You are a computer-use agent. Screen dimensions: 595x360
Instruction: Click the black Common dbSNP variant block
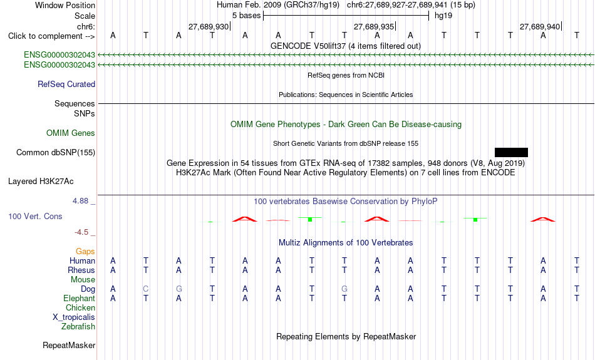click(511, 153)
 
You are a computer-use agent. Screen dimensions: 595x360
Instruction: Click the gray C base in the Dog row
click(146, 289)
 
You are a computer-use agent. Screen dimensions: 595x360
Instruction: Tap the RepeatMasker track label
click(69, 345)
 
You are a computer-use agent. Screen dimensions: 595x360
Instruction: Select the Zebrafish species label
click(78, 327)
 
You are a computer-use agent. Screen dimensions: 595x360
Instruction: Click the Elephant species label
click(80, 299)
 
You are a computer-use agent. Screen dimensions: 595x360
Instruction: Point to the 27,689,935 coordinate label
click(374, 26)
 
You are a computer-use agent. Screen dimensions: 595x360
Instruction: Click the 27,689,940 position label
click(540, 26)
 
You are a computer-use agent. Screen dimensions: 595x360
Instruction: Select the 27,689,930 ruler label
click(209, 26)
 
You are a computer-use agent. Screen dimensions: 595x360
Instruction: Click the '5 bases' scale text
click(247, 16)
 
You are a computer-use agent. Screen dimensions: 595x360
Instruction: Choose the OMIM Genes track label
click(71, 133)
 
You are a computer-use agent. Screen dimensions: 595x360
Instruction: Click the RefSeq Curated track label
click(66, 85)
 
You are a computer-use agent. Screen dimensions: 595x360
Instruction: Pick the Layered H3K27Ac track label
click(41, 182)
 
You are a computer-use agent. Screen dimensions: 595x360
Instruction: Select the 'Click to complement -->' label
click(51, 36)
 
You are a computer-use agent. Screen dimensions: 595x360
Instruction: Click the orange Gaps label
click(85, 252)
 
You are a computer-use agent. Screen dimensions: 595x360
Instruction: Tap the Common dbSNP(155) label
click(56, 153)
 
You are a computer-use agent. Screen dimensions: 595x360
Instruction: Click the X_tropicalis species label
click(74, 317)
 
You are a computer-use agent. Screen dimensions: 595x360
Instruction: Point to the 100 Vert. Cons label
click(35, 216)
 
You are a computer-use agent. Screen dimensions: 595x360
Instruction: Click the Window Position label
click(65, 5)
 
